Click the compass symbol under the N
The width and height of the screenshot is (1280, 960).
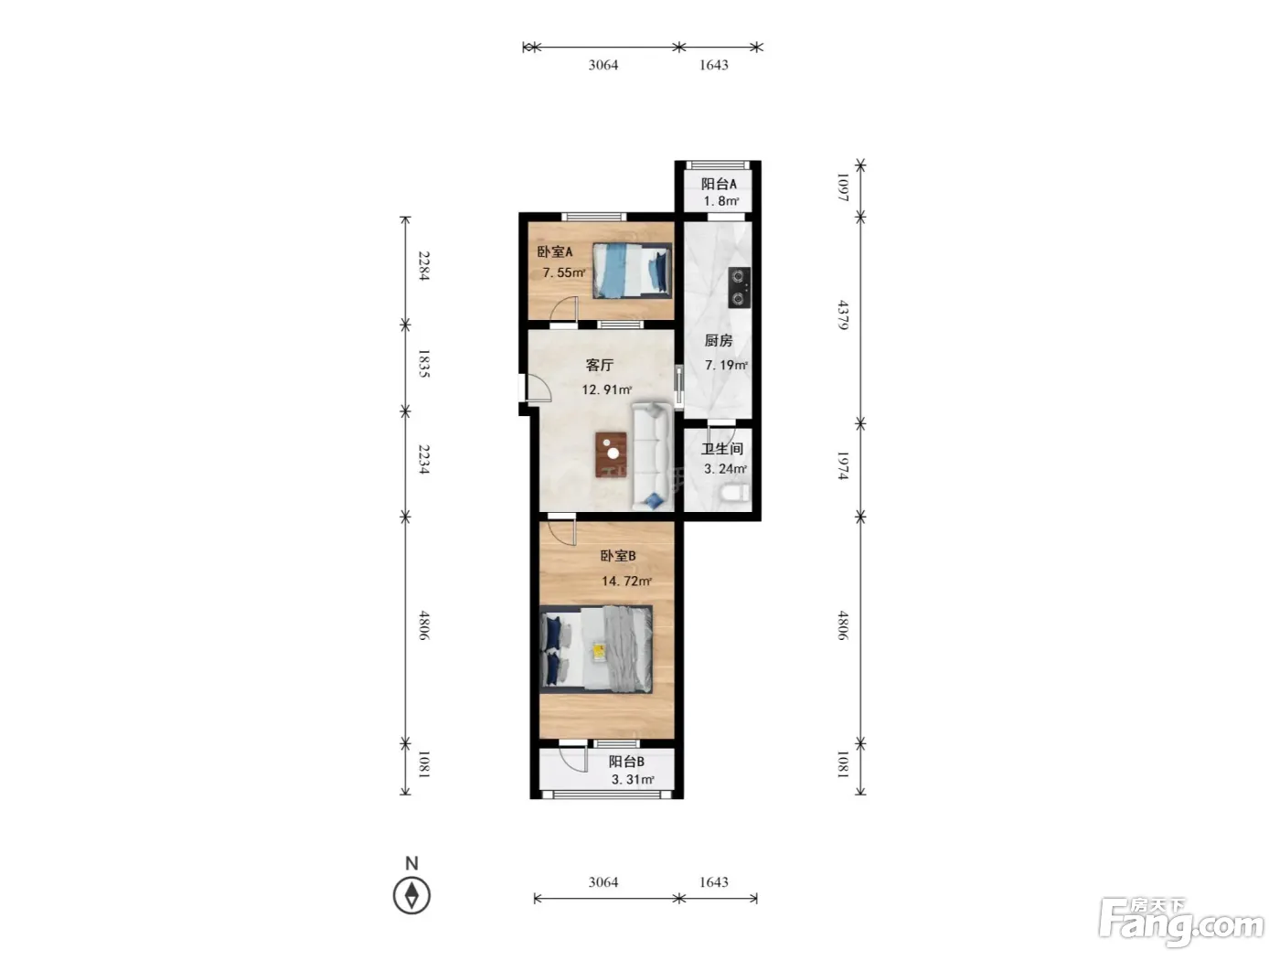coord(411,895)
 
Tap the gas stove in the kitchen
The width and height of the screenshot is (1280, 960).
coord(738,287)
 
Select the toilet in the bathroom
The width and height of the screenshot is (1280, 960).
coord(736,493)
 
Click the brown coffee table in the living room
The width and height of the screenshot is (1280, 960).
coord(611,454)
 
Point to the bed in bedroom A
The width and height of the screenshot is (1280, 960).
coord(632,271)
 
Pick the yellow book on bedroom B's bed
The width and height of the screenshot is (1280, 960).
coord(599,651)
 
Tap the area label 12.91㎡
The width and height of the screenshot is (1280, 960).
coord(606,389)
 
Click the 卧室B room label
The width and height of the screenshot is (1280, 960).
coord(617,556)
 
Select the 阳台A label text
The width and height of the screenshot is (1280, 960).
coord(719,184)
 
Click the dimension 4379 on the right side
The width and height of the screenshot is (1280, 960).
coord(843,315)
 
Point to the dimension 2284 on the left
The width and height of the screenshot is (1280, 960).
coord(424,266)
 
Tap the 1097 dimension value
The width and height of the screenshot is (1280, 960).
coord(843,187)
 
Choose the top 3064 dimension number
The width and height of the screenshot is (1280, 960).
coord(603,65)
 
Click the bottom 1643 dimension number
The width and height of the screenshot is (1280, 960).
coord(714,882)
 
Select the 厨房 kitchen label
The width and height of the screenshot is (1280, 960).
coord(718,340)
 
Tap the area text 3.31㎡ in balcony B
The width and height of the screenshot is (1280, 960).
coord(633,779)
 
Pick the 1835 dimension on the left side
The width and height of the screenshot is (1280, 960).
coord(424,364)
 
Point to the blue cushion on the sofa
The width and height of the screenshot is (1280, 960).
coord(655,499)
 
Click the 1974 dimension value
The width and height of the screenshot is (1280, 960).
coord(843,465)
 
